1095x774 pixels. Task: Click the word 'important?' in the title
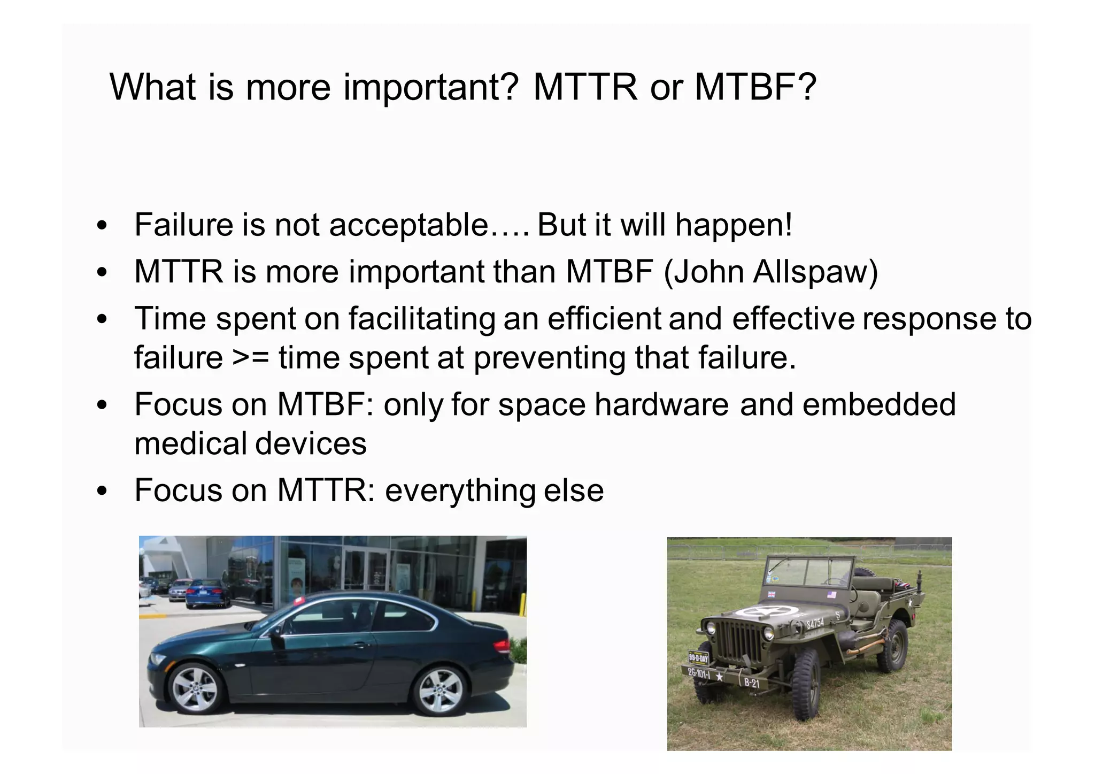pos(430,87)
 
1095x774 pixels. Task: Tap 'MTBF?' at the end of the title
pos(755,87)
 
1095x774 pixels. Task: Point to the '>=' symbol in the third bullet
pos(250,357)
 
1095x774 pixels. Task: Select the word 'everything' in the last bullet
pos(460,491)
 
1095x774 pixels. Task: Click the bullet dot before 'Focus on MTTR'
pos(102,491)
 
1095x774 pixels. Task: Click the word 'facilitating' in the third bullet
pos(422,319)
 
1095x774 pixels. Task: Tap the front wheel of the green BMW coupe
pos(194,689)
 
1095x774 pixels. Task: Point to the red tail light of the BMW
pos(501,647)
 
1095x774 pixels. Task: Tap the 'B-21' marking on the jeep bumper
pos(751,683)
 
